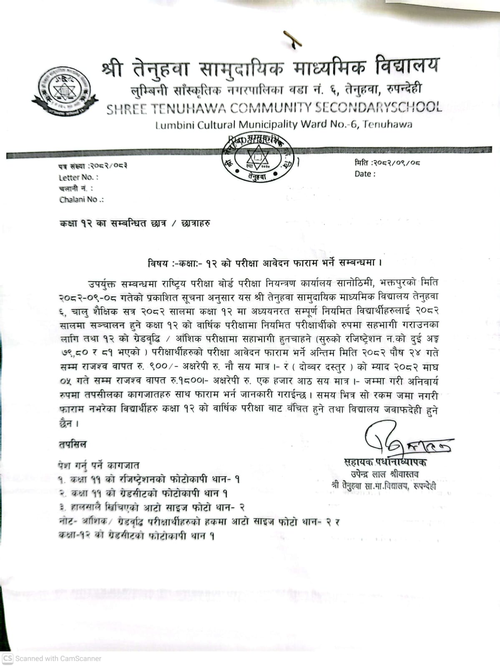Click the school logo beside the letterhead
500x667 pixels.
[65, 91]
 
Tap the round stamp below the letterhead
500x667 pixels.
[258, 159]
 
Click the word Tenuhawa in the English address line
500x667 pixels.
[387, 124]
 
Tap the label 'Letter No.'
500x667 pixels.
[78, 177]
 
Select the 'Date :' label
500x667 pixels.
[365, 174]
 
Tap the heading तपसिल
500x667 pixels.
[73, 444]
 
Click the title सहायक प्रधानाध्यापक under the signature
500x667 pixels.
[385, 462]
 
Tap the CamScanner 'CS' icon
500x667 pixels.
[8, 658]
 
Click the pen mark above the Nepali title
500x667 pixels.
[292, 40]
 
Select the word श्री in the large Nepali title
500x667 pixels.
[112, 68]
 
